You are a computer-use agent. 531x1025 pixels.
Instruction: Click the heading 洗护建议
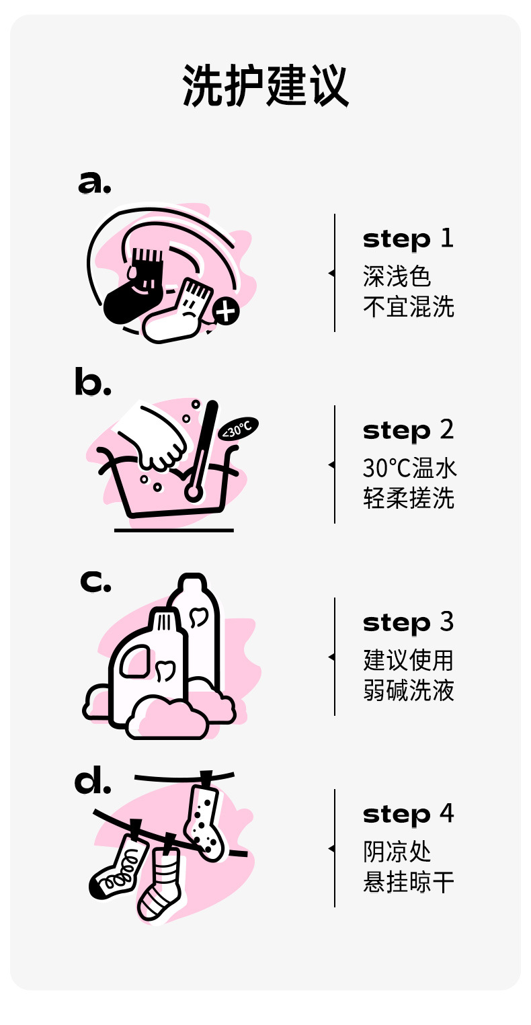point(265,86)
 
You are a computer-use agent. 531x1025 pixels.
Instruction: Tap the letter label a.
point(94,182)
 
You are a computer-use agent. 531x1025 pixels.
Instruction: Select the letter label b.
point(92,382)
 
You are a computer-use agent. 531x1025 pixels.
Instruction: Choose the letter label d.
point(92,782)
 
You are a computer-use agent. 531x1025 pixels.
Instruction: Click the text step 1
point(408,239)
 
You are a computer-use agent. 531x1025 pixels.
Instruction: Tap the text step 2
point(408,430)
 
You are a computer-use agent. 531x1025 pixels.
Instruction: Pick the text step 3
point(408,622)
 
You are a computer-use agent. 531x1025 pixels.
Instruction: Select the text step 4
point(408,814)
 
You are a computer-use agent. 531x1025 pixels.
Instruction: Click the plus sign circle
point(226,312)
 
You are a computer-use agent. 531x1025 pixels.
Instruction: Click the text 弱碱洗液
point(408,690)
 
